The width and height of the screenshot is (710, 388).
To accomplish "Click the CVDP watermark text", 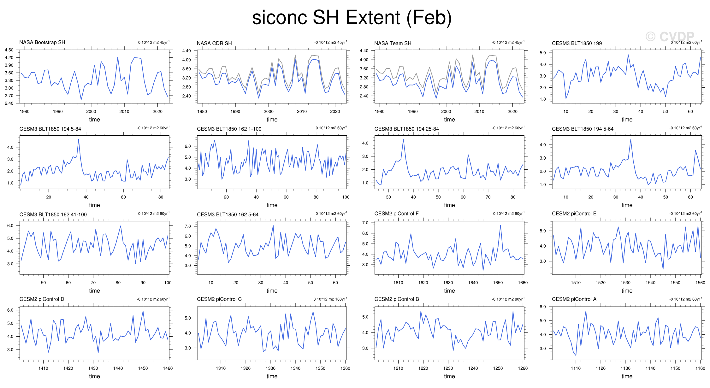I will (670, 37).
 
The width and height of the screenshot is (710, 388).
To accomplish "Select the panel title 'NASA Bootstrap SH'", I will (42, 42).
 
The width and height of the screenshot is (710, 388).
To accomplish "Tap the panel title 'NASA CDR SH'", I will (214, 43).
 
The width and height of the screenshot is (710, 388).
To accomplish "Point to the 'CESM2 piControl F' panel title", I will (396, 214).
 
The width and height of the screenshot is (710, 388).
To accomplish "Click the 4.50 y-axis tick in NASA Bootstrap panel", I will (9, 50).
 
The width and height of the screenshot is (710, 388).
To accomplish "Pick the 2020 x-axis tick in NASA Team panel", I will (512, 111).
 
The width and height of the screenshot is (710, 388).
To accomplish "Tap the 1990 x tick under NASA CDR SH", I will (235, 111).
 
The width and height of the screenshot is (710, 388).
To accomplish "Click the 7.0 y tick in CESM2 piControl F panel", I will (365, 223).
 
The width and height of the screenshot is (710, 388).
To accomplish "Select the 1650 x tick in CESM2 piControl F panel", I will (498, 283).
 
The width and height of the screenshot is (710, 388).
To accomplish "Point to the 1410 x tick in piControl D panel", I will (43, 368).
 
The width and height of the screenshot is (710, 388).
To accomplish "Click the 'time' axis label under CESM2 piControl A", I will (627, 376).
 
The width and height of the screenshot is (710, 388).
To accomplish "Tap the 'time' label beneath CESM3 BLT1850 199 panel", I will (627, 120).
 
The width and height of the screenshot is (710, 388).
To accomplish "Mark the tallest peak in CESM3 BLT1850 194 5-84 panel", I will (79, 139).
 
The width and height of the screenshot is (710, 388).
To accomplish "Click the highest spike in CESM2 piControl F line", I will (500, 225).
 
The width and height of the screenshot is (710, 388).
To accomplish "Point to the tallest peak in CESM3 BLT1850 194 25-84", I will (403, 139).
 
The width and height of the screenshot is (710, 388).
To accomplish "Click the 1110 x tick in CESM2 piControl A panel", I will (576, 368).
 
